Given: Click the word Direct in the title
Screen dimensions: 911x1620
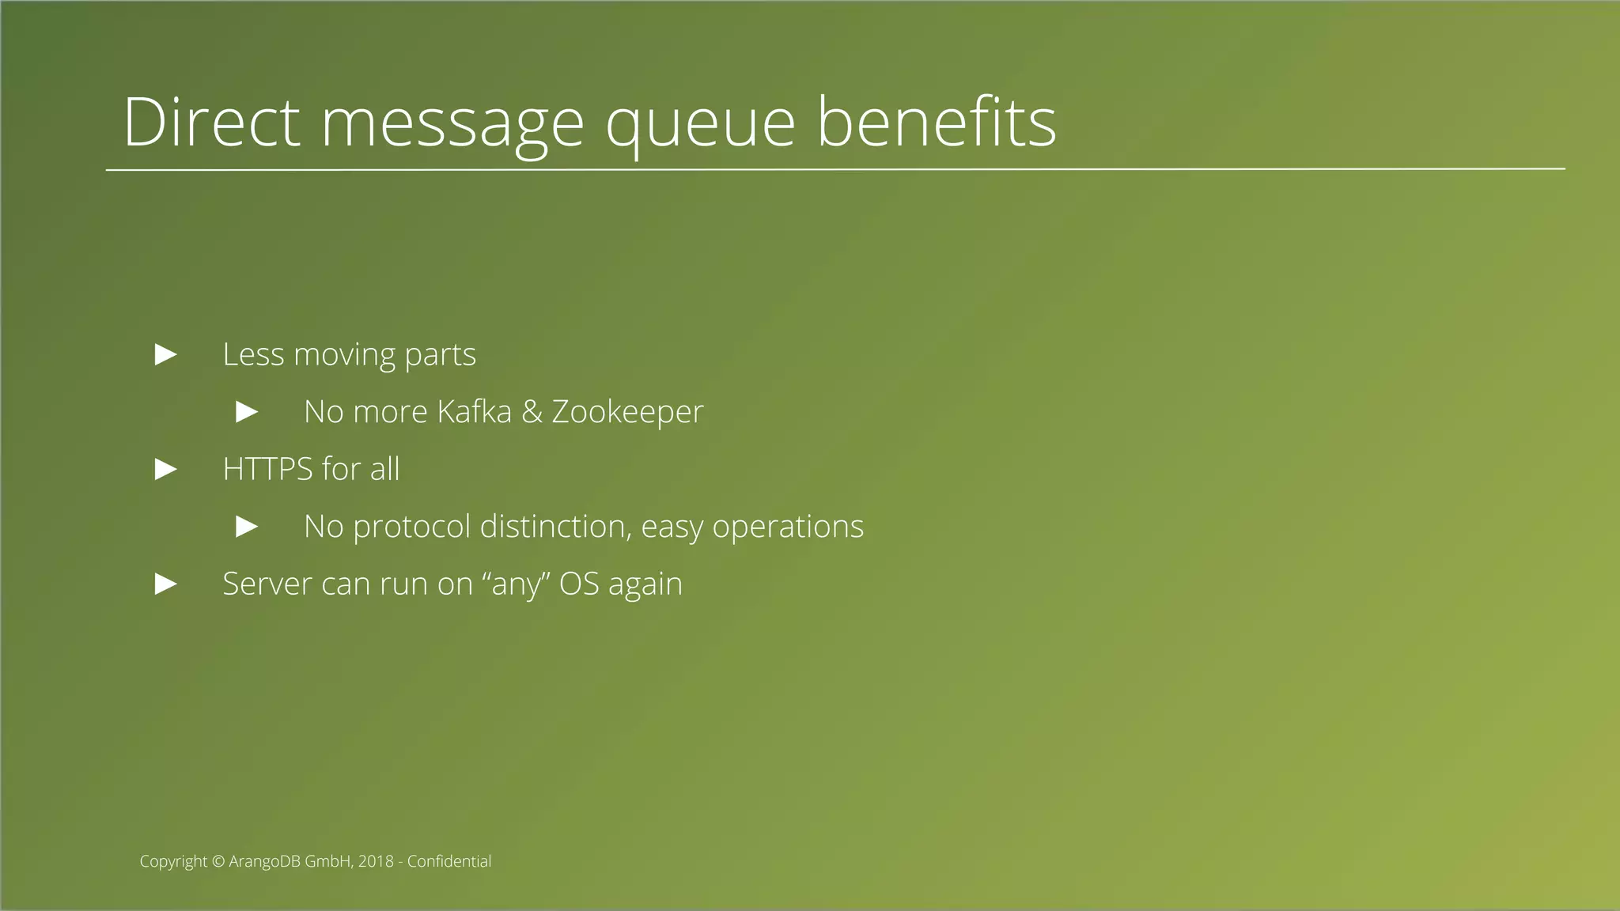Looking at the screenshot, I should [211, 123].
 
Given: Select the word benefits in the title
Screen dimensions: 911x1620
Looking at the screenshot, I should [936, 123].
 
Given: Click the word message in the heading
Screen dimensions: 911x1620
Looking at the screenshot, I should [452, 127].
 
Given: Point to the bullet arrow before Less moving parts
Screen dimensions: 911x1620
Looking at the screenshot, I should [165, 355].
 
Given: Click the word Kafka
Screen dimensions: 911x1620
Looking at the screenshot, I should [474, 412].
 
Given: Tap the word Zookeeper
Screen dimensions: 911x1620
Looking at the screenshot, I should [626, 413].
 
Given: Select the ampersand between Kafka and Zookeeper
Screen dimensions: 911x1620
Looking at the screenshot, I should [532, 412].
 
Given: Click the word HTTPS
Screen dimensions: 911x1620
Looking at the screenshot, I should [267, 469].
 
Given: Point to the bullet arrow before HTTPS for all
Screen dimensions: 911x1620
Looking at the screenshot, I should [165, 470].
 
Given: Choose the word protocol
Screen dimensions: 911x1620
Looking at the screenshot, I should [411, 527].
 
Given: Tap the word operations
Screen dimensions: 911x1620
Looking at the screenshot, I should [788, 527].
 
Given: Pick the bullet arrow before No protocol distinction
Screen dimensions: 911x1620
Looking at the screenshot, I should [247, 527].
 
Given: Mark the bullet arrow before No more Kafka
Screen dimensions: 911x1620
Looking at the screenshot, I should [247, 412].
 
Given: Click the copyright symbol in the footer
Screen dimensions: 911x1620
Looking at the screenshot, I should [218, 861].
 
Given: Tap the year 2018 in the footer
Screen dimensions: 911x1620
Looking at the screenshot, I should [376, 861].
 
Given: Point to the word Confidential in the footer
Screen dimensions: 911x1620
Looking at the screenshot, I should [449, 861].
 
